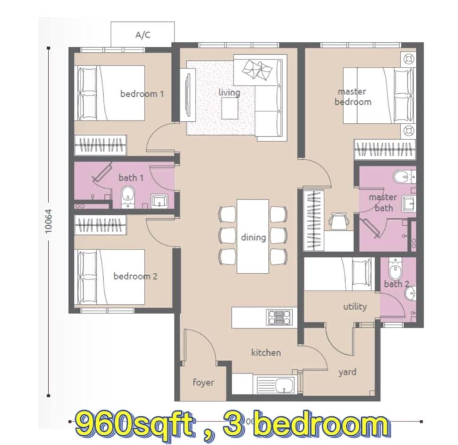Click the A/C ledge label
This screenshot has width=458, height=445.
(x=143, y=35)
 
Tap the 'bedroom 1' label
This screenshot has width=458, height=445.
(x=142, y=94)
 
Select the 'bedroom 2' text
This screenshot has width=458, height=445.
(x=135, y=276)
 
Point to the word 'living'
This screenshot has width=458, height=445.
(x=229, y=92)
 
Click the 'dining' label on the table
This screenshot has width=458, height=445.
(x=253, y=237)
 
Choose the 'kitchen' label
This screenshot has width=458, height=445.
(x=266, y=353)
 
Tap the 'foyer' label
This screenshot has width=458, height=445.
(x=203, y=382)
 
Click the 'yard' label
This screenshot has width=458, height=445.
(x=347, y=372)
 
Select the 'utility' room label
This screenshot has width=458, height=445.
(x=355, y=307)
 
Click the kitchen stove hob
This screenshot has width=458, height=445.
(x=279, y=317)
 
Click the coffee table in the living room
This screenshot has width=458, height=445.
(x=229, y=109)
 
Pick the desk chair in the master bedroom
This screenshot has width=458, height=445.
(x=339, y=221)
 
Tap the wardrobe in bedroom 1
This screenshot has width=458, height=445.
(x=100, y=145)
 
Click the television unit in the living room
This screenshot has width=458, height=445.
(x=187, y=95)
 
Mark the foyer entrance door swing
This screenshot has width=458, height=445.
(x=200, y=346)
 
